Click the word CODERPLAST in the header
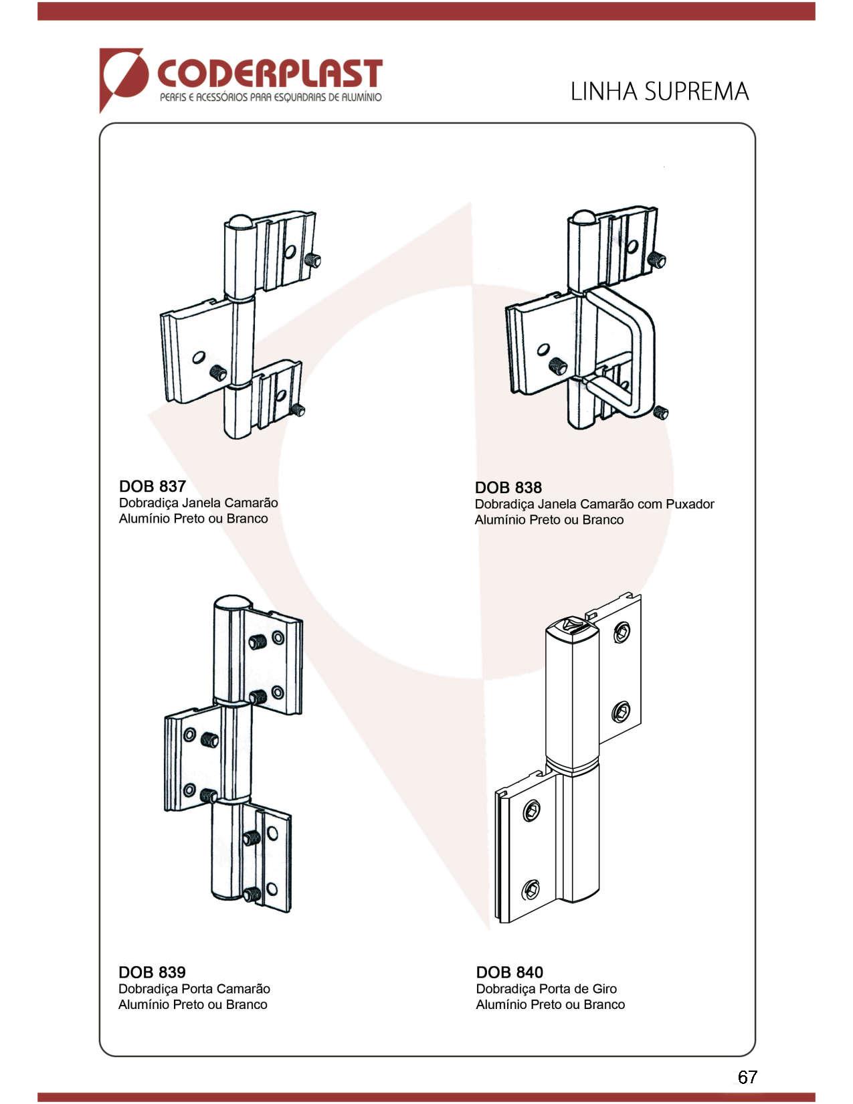point(270,74)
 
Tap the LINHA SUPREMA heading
point(660,92)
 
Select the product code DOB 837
point(153,486)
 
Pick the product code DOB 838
point(508,487)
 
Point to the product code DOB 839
point(152,972)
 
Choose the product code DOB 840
point(510,972)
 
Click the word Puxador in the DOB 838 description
point(690,504)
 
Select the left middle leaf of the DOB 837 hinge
point(196,351)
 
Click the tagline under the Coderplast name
point(270,97)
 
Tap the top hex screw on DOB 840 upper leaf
point(622,633)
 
